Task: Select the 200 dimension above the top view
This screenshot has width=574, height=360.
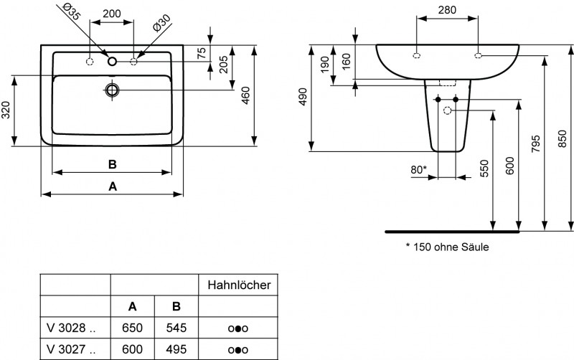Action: click(111, 14)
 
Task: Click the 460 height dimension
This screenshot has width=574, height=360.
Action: click(245, 96)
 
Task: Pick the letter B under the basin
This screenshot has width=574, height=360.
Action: click(112, 164)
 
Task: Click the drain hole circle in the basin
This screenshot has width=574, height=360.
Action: click(112, 90)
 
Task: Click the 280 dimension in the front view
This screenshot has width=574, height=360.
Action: click(448, 11)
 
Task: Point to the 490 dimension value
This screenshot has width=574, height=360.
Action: click(303, 98)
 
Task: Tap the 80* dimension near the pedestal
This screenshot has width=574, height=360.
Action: click(418, 169)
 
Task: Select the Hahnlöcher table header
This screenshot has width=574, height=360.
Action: click(238, 285)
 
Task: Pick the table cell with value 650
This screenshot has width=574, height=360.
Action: click(133, 328)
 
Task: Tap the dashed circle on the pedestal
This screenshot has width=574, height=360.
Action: click(448, 110)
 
